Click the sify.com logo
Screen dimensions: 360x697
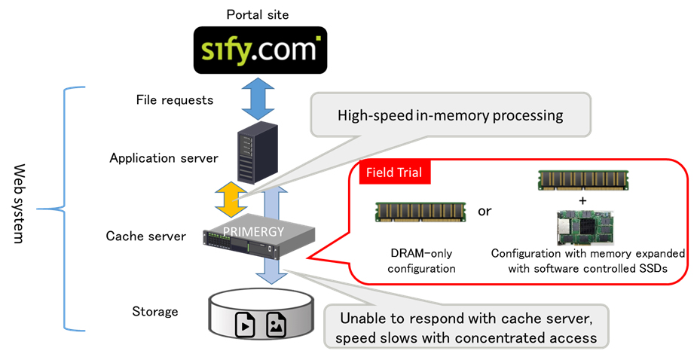(259, 50)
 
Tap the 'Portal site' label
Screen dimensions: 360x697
(258, 14)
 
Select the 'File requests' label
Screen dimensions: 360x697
(175, 100)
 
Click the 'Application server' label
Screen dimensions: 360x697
(164, 158)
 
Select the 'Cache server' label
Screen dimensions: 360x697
(145, 236)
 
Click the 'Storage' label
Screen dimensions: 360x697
(154, 311)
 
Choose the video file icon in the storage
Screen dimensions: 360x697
(246, 325)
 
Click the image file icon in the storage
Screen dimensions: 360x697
(276, 325)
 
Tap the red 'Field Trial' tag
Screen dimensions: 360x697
(393, 172)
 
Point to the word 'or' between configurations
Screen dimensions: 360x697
(484, 211)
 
